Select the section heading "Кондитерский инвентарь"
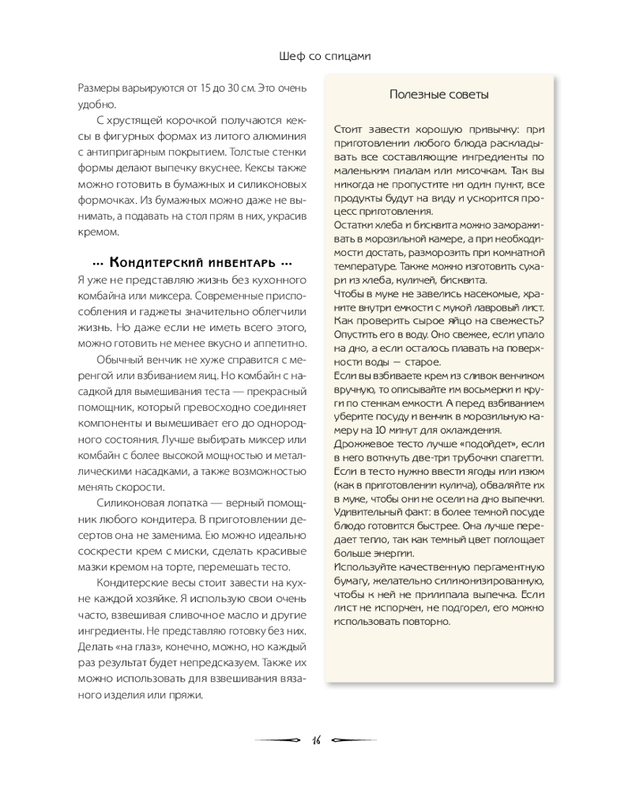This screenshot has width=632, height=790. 193,262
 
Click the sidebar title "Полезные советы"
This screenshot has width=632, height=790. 439,95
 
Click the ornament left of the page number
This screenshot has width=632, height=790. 280,740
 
